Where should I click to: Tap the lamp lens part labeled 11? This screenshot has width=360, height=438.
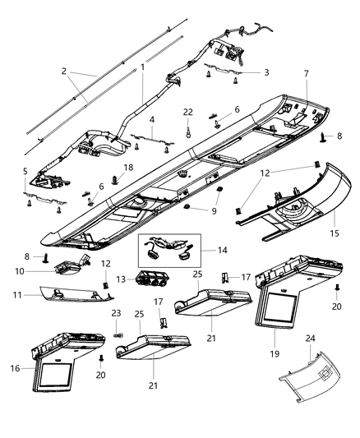click(x=62, y=295)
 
